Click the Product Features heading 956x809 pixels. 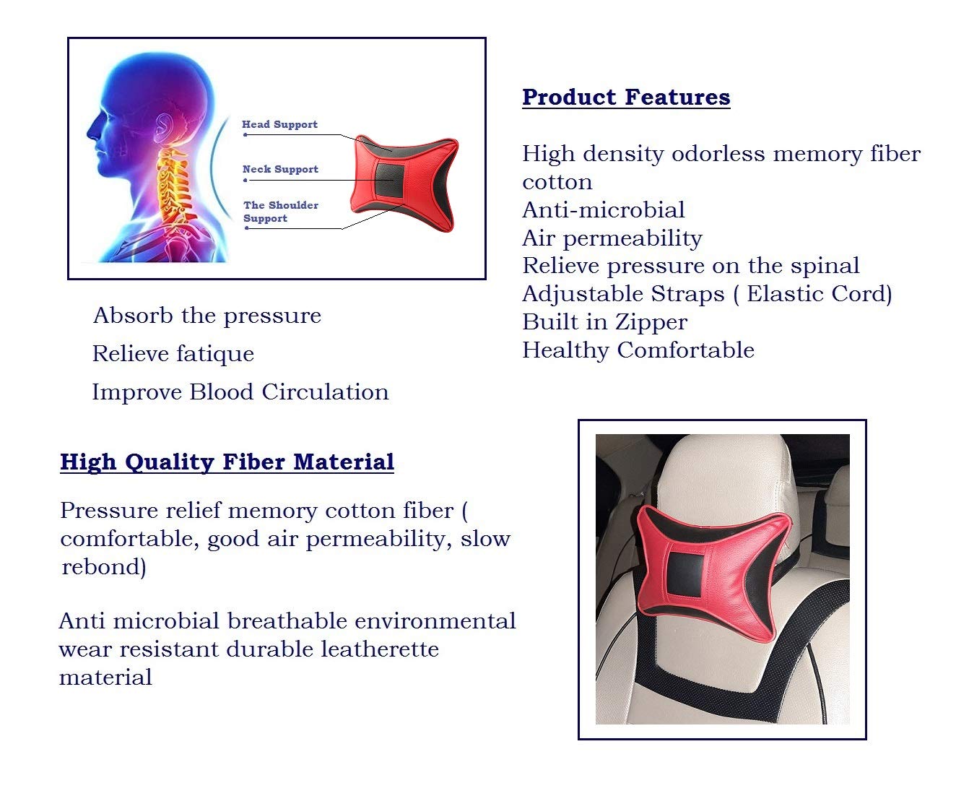tap(626, 98)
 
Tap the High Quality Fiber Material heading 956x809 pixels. tap(227, 462)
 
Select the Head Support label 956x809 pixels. tap(280, 124)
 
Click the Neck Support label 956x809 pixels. tap(280, 169)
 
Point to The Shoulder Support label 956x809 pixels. tap(281, 212)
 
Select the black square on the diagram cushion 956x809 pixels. tap(390, 180)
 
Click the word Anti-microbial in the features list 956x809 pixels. tap(604, 210)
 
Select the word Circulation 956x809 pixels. tap(325, 392)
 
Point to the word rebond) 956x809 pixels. tap(104, 567)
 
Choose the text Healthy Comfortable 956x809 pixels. tap(638, 350)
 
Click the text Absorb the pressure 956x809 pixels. tap(207, 316)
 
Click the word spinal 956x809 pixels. tap(825, 267)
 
